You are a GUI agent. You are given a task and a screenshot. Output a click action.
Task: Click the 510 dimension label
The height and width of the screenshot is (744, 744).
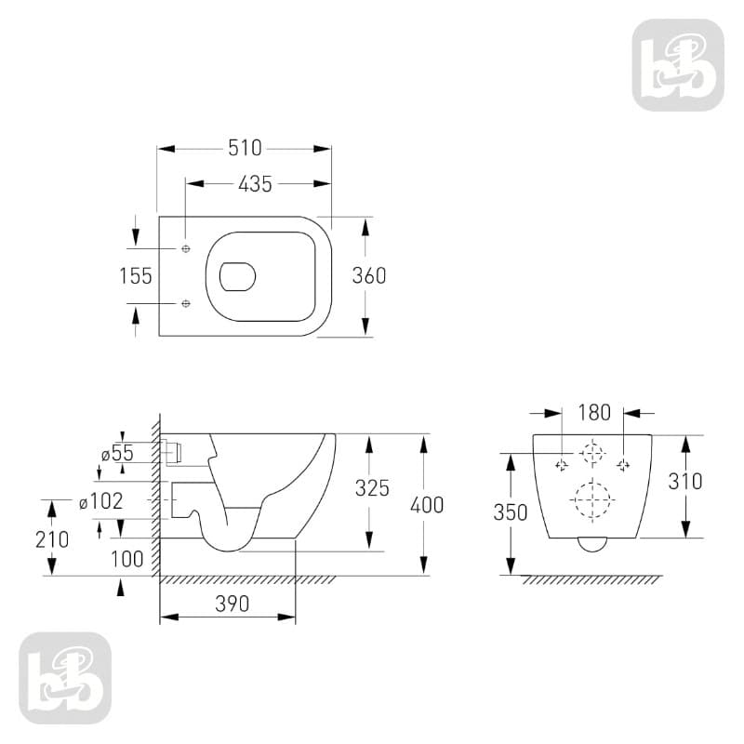[x=245, y=148]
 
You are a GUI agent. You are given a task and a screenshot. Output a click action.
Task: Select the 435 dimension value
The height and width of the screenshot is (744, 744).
[x=255, y=184]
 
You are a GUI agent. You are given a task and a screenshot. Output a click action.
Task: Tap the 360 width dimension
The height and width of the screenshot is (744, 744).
[x=369, y=275]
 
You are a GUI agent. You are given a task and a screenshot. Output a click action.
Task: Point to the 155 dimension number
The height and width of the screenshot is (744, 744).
[x=136, y=276]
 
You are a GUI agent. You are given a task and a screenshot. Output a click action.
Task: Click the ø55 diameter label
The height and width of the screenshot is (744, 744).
[x=118, y=453]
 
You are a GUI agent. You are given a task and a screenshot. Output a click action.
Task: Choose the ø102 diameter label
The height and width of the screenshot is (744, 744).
[x=101, y=501]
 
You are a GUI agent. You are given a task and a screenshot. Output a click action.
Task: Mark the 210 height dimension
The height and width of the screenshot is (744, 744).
[x=52, y=539]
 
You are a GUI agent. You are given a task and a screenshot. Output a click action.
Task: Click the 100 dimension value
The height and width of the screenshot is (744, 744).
[x=127, y=560]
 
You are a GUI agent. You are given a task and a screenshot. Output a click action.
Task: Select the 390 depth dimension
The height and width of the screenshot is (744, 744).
[x=232, y=604]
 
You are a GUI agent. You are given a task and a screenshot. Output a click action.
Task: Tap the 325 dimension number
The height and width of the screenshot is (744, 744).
[x=373, y=488]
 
